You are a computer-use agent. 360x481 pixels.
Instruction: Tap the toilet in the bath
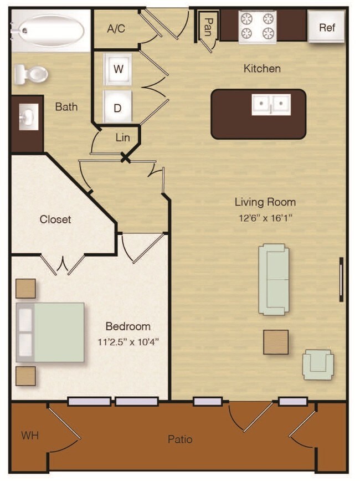pos(31,74)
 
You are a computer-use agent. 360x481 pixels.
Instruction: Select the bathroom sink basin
pos(29,117)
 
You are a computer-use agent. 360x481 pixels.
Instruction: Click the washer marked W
pos(118,69)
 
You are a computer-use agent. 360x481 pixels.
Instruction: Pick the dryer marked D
pos(118,107)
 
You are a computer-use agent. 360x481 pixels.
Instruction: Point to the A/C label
pos(116,28)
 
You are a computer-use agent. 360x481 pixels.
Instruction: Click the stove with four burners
pos(258,27)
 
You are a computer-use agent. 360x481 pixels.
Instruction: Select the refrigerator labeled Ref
pos(326,27)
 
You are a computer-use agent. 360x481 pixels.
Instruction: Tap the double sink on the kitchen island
pos(271,105)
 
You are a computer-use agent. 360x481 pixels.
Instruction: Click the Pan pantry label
pos(208,27)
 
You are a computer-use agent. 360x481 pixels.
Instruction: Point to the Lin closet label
pos(122,138)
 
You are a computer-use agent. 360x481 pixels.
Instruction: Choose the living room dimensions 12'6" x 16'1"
pos(265,218)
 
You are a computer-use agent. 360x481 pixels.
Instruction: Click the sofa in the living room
pos(274,279)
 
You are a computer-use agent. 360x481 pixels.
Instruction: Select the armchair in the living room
pos(318,365)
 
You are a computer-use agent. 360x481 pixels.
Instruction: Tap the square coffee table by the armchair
pos(276,342)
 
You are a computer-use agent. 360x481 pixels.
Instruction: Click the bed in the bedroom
pos(50,332)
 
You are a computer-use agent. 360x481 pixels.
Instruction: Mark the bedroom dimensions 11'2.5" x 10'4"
pos(128,341)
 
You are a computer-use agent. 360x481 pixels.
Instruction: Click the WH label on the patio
pos(30,435)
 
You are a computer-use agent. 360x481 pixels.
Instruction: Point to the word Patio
pos(180,439)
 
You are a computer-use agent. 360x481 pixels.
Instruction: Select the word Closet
pos(55,219)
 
